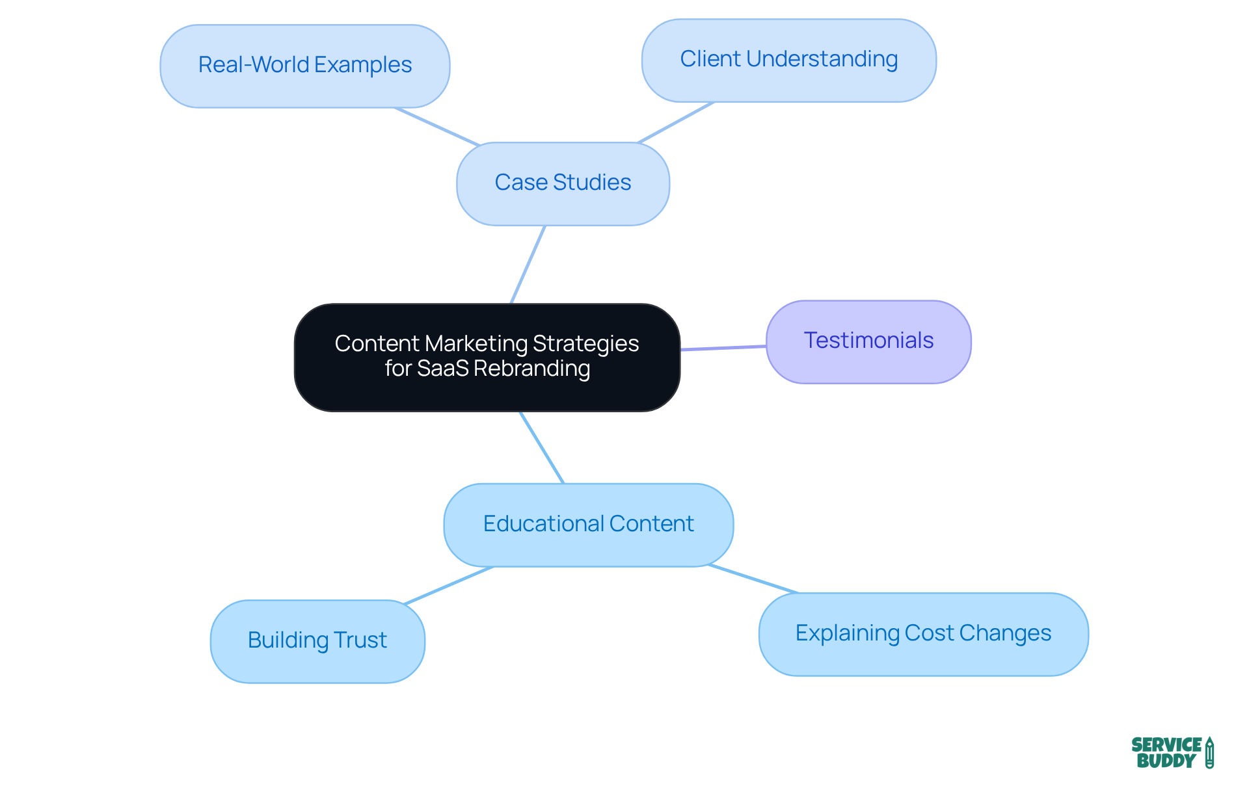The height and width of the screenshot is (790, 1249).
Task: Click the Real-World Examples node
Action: click(x=304, y=66)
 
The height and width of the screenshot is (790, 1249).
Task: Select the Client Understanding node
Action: click(x=788, y=60)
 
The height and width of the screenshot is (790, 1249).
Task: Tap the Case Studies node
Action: click(x=563, y=183)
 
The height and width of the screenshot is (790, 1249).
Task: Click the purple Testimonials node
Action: click(x=868, y=341)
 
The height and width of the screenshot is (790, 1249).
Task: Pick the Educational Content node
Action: click(x=588, y=524)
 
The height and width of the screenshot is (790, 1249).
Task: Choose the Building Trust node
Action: click(x=317, y=640)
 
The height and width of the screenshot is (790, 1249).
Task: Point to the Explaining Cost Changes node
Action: click(x=923, y=633)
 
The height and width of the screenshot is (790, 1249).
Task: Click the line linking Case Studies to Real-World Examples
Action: click(x=436, y=127)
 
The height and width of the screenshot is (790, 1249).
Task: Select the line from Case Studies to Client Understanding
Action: click(x=676, y=122)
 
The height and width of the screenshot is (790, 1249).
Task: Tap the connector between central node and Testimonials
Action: click(x=723, y=348)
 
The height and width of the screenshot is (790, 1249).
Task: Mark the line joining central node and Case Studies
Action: click(x=528, y=265)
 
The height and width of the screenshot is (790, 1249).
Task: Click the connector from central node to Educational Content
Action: click(x=541, y=447)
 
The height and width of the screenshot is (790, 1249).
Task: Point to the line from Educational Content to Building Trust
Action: click(x=449, y=585)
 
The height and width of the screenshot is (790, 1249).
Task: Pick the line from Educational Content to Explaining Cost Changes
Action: click(x=753, y=579)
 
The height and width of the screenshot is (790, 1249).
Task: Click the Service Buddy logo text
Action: click(x=1166, y=753)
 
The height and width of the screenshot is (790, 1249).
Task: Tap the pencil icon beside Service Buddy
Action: click(x=1209, y=753)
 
